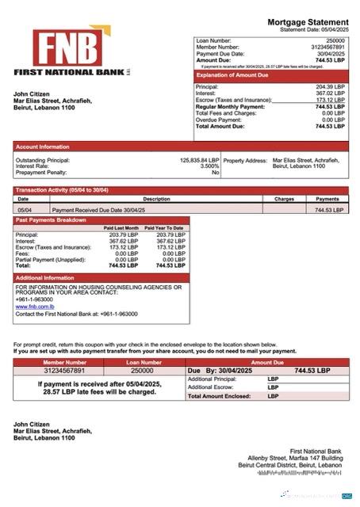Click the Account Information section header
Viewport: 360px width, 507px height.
pos(43,147)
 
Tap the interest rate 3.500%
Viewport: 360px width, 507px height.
pos(209,166)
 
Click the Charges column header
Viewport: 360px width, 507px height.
pos(284,199)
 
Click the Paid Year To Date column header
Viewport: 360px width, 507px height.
pos(166,228)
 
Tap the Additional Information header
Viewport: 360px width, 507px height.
pos(45,278)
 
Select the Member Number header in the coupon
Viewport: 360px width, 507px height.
pos(54,361)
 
